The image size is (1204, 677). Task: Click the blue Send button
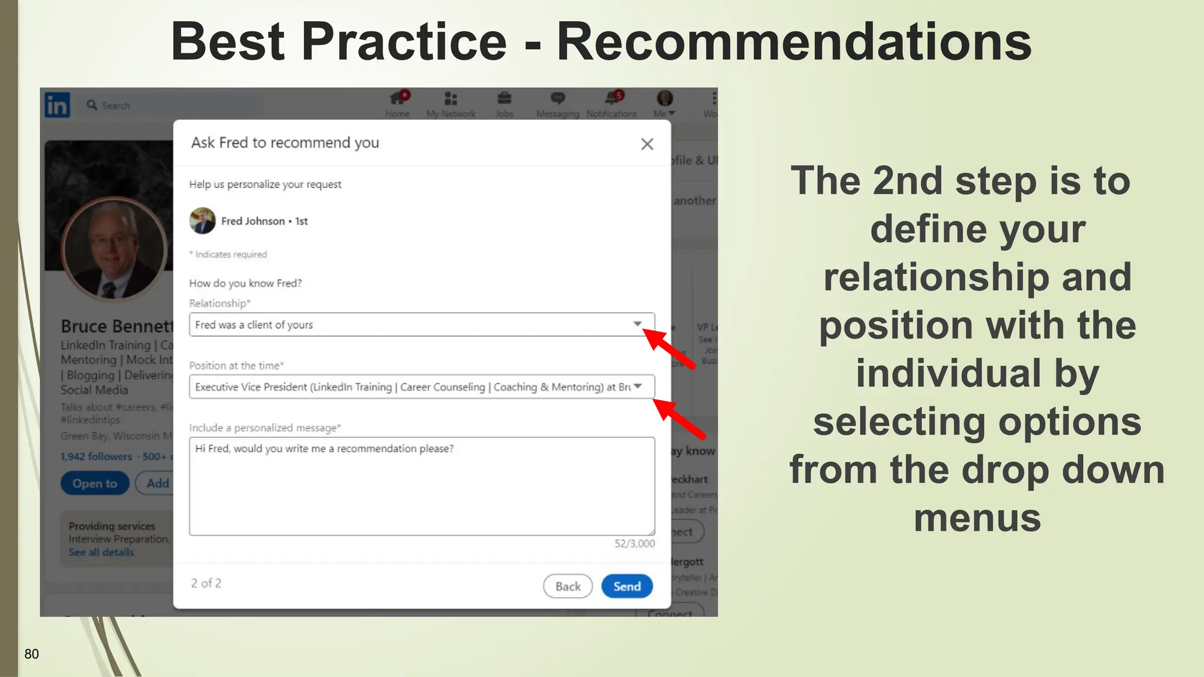pyautogui.click(x=627, y=586)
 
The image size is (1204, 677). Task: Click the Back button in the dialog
pyautogui.click(x=567, y=586)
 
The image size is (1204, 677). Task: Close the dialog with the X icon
pyautogui.click(x=647, y=144)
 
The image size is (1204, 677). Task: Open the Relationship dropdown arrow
pyautogui.click(x=637, y=324)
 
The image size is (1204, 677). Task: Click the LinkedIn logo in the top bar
pyautogui.click(x=58, y=105)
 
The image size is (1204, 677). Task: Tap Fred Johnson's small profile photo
pyautogui.click(x=202, y=221)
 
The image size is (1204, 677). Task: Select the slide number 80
pyautogui.click(x=32, y=654)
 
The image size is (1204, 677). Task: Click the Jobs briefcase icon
pyautogui.click(x=504, y=98)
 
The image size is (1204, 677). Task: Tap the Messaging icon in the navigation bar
pyautogui.click(x=558, y=98)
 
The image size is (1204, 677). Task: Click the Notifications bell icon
pyautogui.click(x=611, y=98)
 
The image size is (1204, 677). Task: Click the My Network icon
pyautogui.click(x=451, y=98)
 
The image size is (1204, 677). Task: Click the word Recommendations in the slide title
pyautogui.click(x=794, y=41)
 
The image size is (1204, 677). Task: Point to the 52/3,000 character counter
pyautogui.click(x=634, y=544)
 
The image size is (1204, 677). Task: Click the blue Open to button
pyautogui.click(x=95, y=484)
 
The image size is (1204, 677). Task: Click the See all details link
pyautogui.click(x=101, y=552)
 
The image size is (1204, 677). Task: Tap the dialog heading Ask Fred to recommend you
pyautogui.click(x=285, y=143)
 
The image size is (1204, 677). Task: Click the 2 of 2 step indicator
pyautogui.click(x=206, y=583)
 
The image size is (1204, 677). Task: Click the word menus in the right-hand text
pyautogui.click(x=977, y=518)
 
